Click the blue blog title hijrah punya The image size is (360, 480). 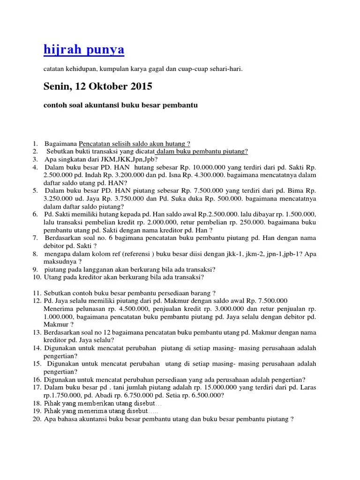coord(84,50)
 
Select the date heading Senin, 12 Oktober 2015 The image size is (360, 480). coord(97,87)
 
